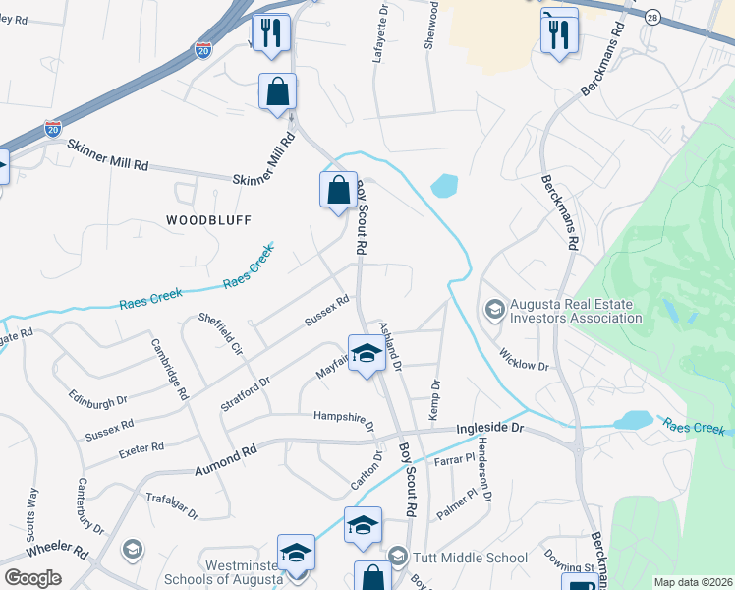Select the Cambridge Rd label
coord(169,369)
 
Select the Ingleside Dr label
coord(492,430)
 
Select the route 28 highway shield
coord(651,18)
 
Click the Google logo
coord(32,578)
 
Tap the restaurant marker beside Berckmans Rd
coord(558,34)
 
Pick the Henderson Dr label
coord(483,461)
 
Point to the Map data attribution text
coord(692,582)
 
